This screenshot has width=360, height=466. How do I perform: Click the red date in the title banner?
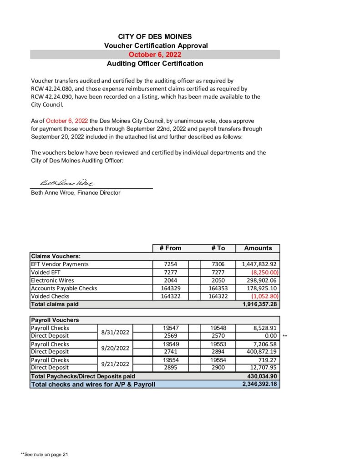pos(155,55)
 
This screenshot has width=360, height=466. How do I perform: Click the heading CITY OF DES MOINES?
pos(155,36)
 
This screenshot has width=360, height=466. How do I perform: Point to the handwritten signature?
pos(67,183)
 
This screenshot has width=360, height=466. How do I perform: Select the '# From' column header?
pos(170,248)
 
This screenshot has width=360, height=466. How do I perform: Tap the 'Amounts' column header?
pos(258,248)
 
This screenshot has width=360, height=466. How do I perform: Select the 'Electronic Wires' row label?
pos(52,280)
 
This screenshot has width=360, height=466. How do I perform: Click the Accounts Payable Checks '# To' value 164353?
pos(218,288)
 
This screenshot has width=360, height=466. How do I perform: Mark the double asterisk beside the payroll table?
pos(285,336)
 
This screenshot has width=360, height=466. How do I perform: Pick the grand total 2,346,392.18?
pos(260,384)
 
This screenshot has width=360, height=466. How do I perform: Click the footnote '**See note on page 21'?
pos(45,454)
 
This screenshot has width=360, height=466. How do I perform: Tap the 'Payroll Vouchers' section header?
pos(55,320)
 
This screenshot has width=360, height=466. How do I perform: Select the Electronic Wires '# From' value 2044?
pos(170,280)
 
